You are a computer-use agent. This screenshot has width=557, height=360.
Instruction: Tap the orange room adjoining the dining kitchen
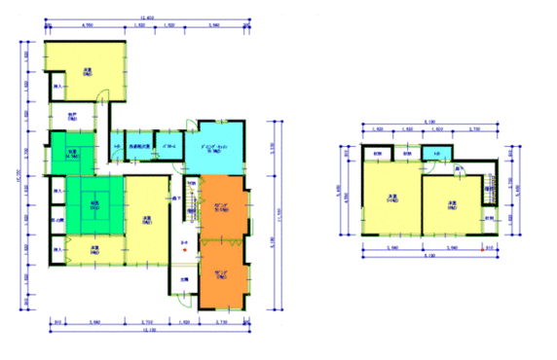(x=224, y=205)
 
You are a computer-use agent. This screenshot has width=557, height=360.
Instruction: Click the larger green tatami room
(x=95, y=205)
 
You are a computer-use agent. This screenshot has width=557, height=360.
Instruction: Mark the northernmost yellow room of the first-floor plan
(x=88, y=70)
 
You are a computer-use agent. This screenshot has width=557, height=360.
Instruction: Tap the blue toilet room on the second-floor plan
(x=437, y=154)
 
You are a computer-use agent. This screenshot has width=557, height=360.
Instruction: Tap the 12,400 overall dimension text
(x=148, y=18)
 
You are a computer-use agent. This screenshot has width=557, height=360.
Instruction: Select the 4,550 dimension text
(x=87, y=26)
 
